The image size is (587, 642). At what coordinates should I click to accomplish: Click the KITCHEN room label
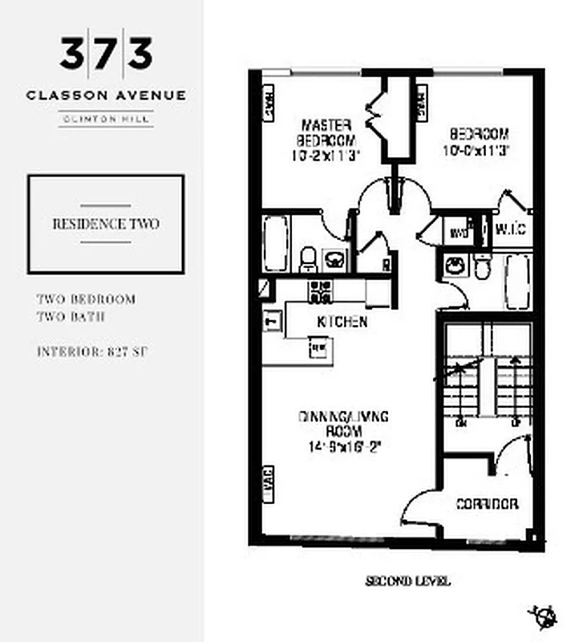click(x=342, y=322)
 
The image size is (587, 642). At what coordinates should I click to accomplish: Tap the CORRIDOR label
click(x=486, y=504)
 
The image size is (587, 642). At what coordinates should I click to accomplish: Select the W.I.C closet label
click(x=511, y=230)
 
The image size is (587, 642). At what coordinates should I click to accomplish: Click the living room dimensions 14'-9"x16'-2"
click(x=342, y=447)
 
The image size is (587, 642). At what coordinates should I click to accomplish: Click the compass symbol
click(x=543, y=616)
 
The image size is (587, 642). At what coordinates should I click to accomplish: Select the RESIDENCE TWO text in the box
click(x=106, y=224)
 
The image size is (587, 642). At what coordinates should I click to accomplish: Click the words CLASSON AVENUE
click(x=106, y=95)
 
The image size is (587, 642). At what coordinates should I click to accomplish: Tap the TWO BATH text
click(x=71, y=316)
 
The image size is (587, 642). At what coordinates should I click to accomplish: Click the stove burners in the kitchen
click(x=321, y=292)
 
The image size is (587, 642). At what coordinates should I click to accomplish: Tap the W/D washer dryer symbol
click(x=458, y=233)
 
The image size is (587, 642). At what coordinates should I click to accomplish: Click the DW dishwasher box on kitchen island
click(x=318, y=347)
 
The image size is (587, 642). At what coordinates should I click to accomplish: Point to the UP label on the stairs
click(x=514, y=421)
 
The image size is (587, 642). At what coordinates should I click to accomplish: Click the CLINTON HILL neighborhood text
click(x=106, y=120)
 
